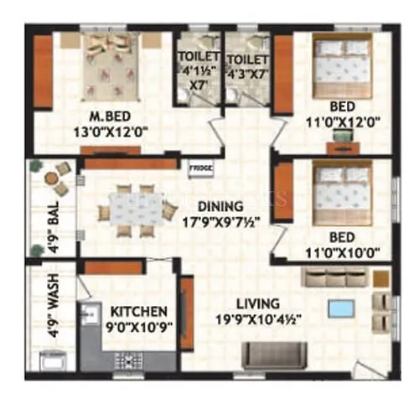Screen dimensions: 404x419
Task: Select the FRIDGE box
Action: coord(200,168)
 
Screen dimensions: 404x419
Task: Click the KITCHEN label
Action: coord(136,311)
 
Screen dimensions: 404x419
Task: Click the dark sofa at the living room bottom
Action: coord(274,352)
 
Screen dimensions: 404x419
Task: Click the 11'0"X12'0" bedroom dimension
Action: coord(344,122)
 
